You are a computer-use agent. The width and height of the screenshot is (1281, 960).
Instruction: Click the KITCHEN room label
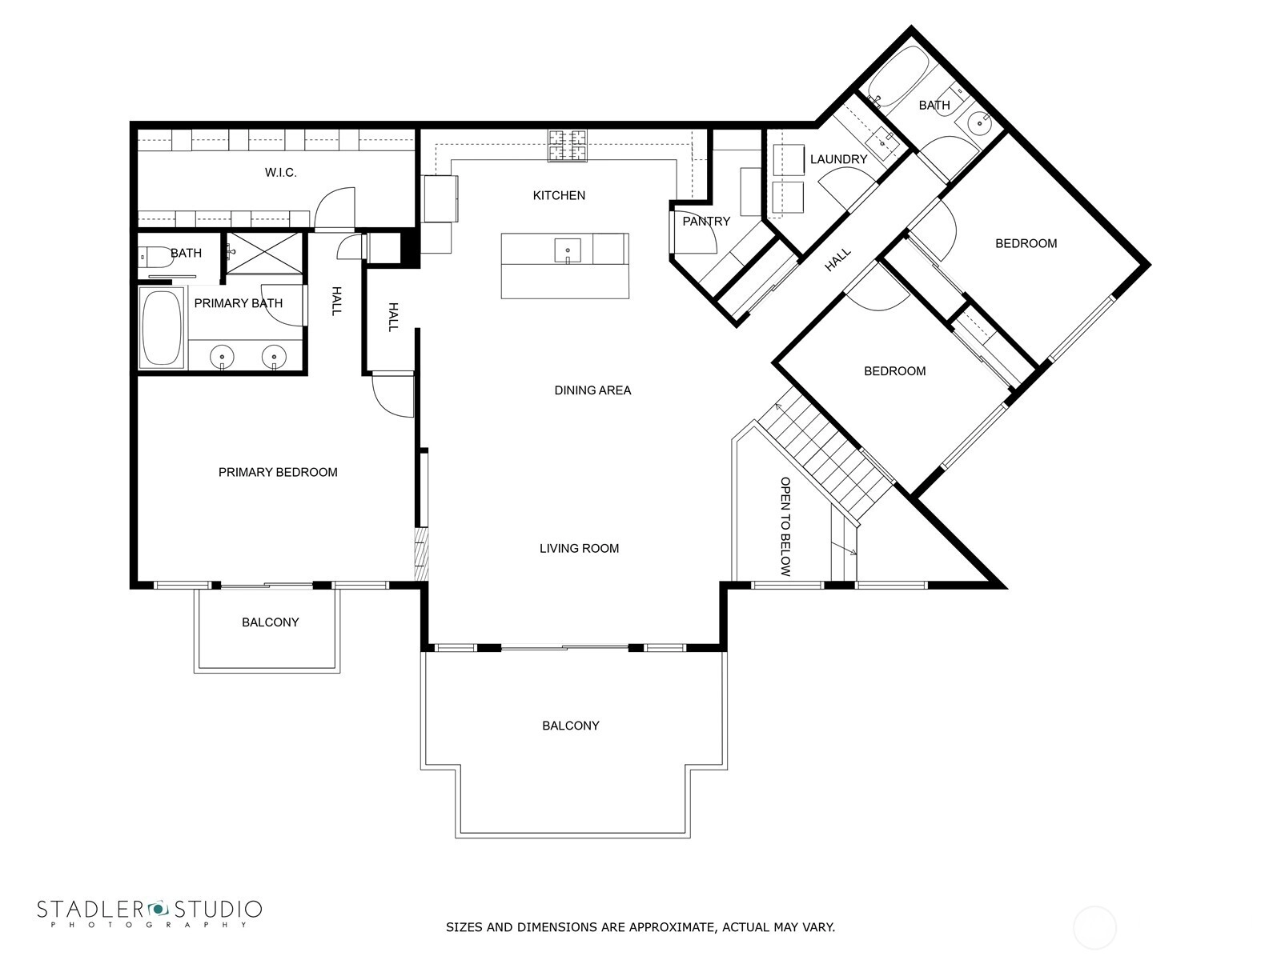pos(559,195)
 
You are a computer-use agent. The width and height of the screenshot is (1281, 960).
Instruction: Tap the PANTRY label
pos(706,222)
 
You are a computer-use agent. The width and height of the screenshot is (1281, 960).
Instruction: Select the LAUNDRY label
pos(838,159)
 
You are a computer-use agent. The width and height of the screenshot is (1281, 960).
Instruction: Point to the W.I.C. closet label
pos(281,173)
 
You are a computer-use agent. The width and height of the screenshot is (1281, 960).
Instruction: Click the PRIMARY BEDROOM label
pos(278,472)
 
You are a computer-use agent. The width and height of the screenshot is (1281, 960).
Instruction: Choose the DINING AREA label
pos(592,390)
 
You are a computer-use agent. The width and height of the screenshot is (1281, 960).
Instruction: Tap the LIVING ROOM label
pos(579,549)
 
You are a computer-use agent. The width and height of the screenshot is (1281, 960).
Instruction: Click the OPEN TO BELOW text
pos(785,526)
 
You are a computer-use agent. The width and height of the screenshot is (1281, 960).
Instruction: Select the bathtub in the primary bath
pos(162,327)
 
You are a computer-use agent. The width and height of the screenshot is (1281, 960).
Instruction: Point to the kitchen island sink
pos(568,250)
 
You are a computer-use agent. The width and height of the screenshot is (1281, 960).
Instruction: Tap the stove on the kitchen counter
pos(567,146)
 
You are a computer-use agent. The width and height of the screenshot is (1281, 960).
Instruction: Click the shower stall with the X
pos(264,252)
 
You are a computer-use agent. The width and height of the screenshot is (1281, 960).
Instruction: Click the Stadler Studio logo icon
pos(158,909)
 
